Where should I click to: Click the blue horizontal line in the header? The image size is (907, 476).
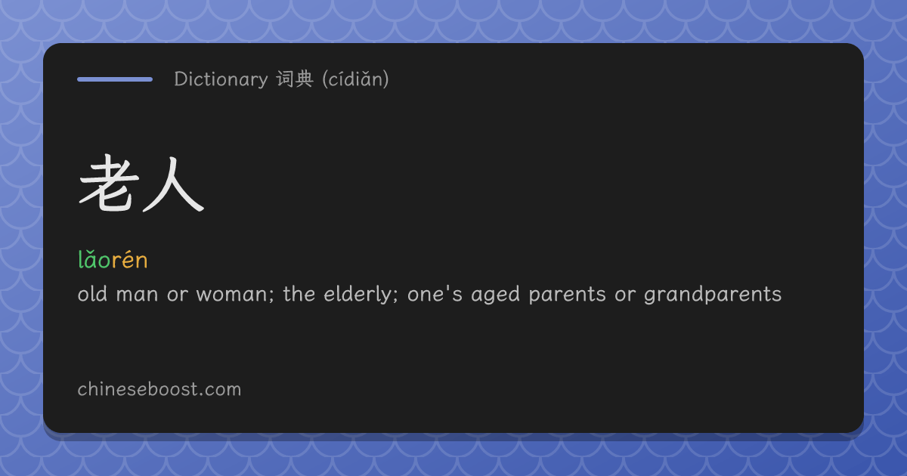click(115, 79)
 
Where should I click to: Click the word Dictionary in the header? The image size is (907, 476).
click(221, 79)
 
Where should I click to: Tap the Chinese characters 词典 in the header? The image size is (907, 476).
click(295, 79)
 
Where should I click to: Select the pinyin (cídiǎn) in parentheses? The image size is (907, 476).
click(355, 79)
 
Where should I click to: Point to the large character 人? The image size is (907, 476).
click(173, 184)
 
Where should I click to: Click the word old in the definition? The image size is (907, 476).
click(92, 293)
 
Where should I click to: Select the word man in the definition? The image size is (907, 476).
click(137, 294)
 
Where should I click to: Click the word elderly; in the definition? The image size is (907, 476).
click(361, 294)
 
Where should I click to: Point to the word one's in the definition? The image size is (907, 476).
click(435, 294)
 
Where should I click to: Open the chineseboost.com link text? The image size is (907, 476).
click(159, 389)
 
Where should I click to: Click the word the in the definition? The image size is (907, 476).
click(299, 293)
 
